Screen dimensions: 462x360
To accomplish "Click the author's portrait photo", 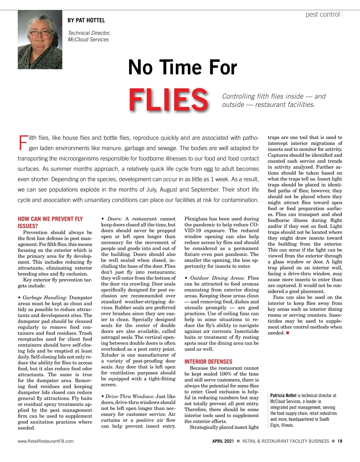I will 40,40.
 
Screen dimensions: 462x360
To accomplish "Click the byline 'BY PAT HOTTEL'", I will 86,20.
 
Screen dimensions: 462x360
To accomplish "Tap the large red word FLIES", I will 168,100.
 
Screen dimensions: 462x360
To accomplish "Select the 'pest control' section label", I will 322,14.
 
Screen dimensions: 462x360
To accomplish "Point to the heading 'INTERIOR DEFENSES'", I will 208,362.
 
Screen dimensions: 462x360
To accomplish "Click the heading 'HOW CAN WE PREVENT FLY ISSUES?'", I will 50,222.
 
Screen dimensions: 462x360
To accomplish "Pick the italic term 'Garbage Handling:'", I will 45,297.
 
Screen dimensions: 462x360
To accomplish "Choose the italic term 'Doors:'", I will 115,219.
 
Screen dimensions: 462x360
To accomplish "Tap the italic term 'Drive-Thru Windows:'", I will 130,396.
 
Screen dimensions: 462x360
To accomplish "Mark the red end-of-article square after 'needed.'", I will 287,333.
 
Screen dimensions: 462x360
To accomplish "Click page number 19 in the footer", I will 340,441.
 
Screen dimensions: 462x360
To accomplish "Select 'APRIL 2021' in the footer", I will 223,441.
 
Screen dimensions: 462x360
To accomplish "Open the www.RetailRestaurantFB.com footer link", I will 46,441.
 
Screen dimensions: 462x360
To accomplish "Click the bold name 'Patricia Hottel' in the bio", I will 283,395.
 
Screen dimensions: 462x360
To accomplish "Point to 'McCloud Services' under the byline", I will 88,40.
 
